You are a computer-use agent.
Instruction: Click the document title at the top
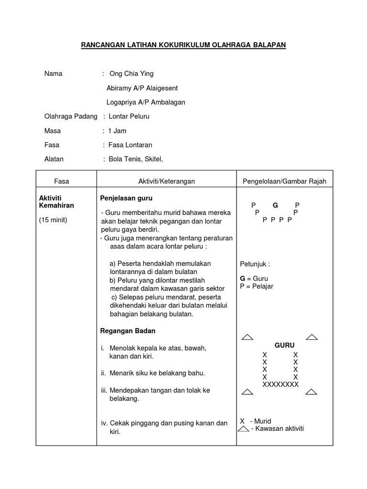[183, 45]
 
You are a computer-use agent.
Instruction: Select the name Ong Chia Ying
[131, 74]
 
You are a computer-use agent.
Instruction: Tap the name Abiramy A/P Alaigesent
[142, 88]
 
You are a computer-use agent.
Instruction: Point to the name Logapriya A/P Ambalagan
[145, 102]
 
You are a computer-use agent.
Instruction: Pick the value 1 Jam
[117, 131]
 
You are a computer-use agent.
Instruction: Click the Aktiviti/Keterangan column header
[166, 181]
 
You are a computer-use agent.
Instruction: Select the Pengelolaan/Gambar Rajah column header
[284, 181]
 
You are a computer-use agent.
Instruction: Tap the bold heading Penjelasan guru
[126, 198]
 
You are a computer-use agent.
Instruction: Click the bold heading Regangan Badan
[128, 330]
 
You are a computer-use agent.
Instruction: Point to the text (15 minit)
[53, 220]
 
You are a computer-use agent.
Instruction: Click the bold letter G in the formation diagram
[275, 205]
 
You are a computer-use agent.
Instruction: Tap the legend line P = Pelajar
[257, 287]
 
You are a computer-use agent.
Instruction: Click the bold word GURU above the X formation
[284, 345]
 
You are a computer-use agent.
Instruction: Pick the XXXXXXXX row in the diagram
[281, 384]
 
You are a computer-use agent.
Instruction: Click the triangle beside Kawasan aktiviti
[244, 429]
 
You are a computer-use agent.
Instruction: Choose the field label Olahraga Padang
[71, 117]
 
